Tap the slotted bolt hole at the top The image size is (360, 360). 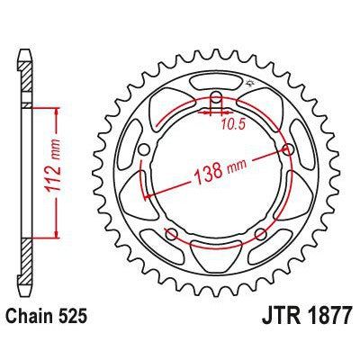point(216,101)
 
